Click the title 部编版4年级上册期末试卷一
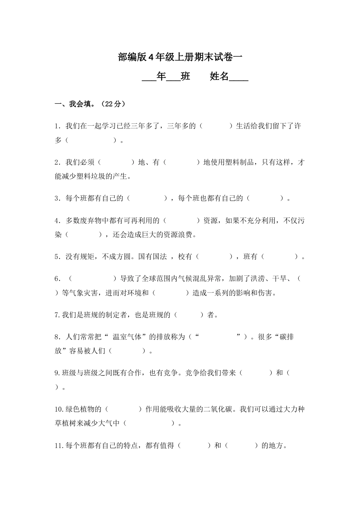(x=180, y=58)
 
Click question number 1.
(x=57, y=126)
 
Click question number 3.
(x=57, y=198)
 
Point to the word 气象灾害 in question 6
(x=83, y=293)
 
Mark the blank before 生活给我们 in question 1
(x=215, y=126)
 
